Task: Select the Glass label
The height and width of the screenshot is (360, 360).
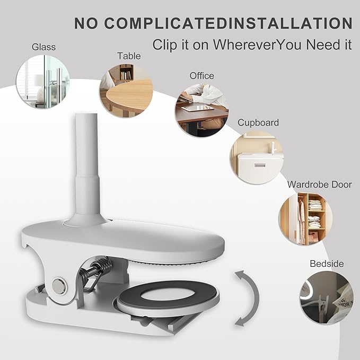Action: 43,47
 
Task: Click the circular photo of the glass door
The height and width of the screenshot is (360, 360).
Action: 43,82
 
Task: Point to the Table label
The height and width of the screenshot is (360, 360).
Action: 129,56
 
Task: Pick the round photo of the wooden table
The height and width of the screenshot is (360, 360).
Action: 126,91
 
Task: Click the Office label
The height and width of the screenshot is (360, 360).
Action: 202,76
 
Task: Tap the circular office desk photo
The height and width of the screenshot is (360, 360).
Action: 202,110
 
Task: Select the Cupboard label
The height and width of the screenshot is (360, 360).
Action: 258,122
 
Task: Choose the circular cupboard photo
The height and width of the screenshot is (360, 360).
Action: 257,157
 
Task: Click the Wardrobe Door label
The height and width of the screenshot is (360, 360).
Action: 319,185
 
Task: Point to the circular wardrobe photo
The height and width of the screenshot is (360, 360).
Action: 305,219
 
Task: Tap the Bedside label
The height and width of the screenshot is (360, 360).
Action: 327,264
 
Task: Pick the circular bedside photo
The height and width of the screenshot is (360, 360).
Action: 327,297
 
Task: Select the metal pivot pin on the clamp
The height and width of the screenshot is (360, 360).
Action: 59,286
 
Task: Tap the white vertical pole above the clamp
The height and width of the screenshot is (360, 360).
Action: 86,169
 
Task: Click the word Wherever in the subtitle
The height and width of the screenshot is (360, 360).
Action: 245,45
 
